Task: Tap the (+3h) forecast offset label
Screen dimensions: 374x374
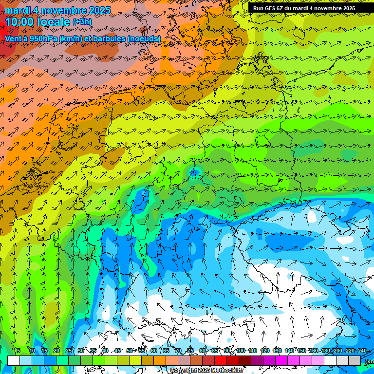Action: (x=81, y=22)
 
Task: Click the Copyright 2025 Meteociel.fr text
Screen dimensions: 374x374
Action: (x=206, y=371)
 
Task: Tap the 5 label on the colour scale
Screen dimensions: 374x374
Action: (x=19, y=351)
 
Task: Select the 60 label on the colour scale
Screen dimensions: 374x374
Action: (x=154, y=351)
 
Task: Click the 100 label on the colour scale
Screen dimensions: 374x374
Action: (x=241, y=351)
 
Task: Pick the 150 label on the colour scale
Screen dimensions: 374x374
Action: (x=301, y=351)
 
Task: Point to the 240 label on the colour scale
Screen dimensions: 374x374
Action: (x=362, y=351)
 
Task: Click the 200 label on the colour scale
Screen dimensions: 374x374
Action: (x=337, y=351)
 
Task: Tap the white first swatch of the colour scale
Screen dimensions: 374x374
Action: (x=14, y=360)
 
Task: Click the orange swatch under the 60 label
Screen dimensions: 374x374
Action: (x=160, y=360)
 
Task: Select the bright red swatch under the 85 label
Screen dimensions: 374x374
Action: (x=221, y=360)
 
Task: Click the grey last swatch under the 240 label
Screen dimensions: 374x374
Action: (x=355, y=360)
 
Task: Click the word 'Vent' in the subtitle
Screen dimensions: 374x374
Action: (x=13, y=38)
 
